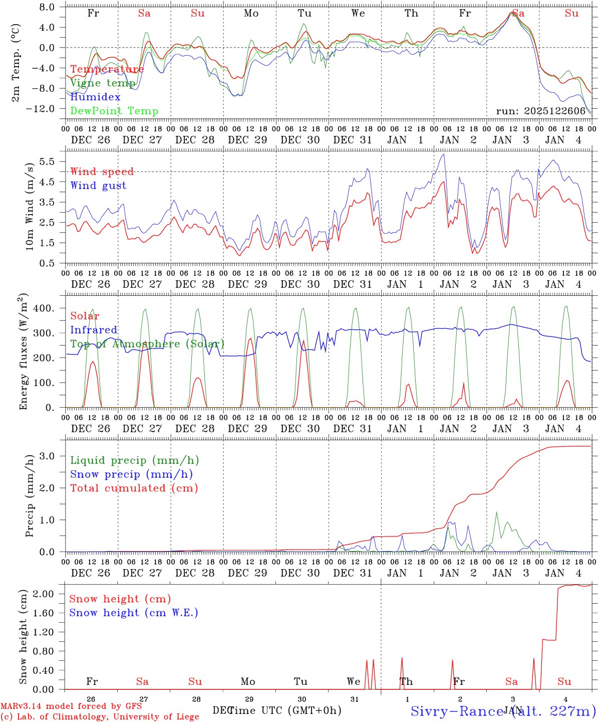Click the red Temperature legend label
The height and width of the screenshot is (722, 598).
107,69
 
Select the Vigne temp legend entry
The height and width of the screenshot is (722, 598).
103,83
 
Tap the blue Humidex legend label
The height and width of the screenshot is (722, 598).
95,97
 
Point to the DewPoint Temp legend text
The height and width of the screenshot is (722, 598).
114,111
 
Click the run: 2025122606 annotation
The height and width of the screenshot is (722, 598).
540,111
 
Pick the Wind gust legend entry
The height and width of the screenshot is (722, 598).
98,186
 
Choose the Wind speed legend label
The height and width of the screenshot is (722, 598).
102,172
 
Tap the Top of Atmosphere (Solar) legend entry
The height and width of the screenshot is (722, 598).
147,344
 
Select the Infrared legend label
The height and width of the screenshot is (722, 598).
94,330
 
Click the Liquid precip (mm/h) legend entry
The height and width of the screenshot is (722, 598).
134,460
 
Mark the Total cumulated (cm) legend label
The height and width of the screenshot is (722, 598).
134,488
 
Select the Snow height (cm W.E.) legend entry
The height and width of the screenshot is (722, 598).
134,613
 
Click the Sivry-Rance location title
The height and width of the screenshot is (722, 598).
503,711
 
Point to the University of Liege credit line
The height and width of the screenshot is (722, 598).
100,716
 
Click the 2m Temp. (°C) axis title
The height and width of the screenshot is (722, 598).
16,62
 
